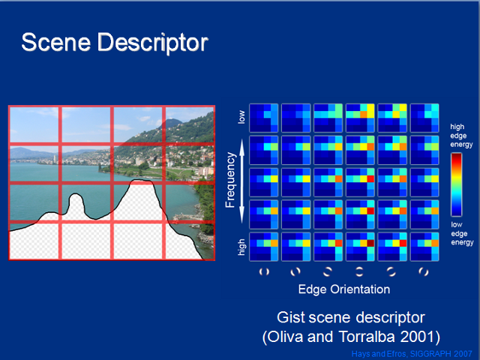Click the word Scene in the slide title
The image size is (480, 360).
(x=56, y=42)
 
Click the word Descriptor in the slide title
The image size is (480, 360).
(x=153, y=43)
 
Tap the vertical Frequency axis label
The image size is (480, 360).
(x=230, y=180)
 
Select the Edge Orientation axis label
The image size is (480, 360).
(x=344, y=289)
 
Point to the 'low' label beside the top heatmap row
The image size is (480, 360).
(x=241, y=117)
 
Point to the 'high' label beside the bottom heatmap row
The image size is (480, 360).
(x=241, y=247)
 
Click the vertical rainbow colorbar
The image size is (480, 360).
(x=456, y=184)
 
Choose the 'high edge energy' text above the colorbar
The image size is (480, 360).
(x=461, y=136)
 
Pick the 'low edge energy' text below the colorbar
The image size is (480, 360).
(x=462, y=233)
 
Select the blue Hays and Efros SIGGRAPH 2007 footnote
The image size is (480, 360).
(x=412, y=354)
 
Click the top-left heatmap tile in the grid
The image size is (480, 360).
(x=263, y=118)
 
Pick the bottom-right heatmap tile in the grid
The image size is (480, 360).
(x=424, y=247)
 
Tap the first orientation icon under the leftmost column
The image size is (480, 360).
(x=264, y=271)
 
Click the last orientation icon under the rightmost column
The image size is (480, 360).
(x=424, y=271)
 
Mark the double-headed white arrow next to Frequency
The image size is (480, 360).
(x=241, y=181)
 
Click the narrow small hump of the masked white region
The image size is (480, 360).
(x=76, y=203)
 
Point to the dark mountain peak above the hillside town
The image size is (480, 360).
(x=171, y=123)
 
